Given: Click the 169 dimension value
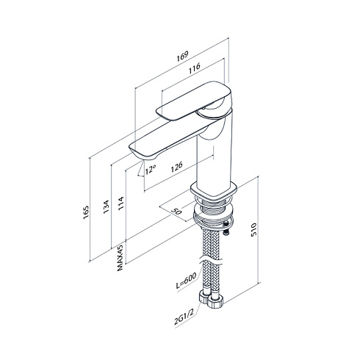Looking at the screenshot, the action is coord(182,57).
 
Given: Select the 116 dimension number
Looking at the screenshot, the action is coord(195,68).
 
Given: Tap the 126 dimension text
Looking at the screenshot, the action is coord(176,167).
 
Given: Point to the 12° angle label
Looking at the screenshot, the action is coord(151,169).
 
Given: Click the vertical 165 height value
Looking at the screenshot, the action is coord(86,212).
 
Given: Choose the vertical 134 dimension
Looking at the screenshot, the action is coord(106,207).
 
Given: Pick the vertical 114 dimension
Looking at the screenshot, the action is coord(120,203).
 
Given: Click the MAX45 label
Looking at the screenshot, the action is coord(120,258).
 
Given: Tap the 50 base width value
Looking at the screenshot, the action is coord(176,210).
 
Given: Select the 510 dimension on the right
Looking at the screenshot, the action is coord(253,229).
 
